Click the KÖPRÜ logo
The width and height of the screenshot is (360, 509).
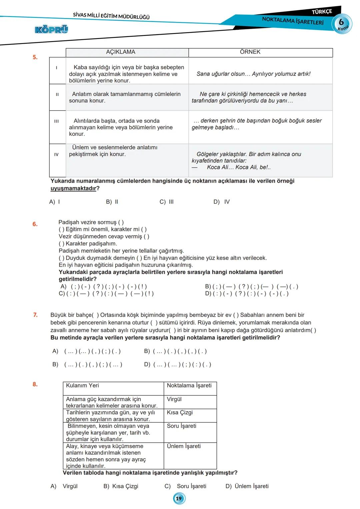click(51, 30)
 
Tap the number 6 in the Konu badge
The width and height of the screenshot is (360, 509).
click(341, 22)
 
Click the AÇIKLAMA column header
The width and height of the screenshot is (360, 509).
click(121, 52)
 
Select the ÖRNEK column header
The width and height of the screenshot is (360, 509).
click(250, 52)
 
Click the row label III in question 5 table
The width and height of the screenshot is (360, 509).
click(56, 121)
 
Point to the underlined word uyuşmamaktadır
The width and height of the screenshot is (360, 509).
click(73, 188)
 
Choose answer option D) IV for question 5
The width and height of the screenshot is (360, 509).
click(222, 202)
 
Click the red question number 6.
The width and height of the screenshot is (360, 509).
click(35, 224)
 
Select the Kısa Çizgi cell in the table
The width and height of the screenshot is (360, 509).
click(180, 412)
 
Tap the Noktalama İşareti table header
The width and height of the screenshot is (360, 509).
click(189, 385)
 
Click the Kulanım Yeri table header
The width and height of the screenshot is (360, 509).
click(82, 385)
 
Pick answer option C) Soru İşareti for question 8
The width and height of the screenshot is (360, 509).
click(186, 486)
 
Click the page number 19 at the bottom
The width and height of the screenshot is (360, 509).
click(179, 499)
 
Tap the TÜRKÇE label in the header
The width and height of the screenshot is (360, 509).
click(322, 12)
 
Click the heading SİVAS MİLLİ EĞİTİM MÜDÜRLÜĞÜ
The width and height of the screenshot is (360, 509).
click(111, 16)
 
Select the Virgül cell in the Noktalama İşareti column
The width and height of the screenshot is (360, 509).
click(174, 399)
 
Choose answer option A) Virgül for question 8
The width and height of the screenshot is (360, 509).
click(64, 486)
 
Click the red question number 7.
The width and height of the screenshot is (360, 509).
click(35, 315)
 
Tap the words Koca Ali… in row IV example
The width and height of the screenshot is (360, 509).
click(220, 167)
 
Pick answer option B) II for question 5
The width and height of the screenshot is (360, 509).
click(112, 202)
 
